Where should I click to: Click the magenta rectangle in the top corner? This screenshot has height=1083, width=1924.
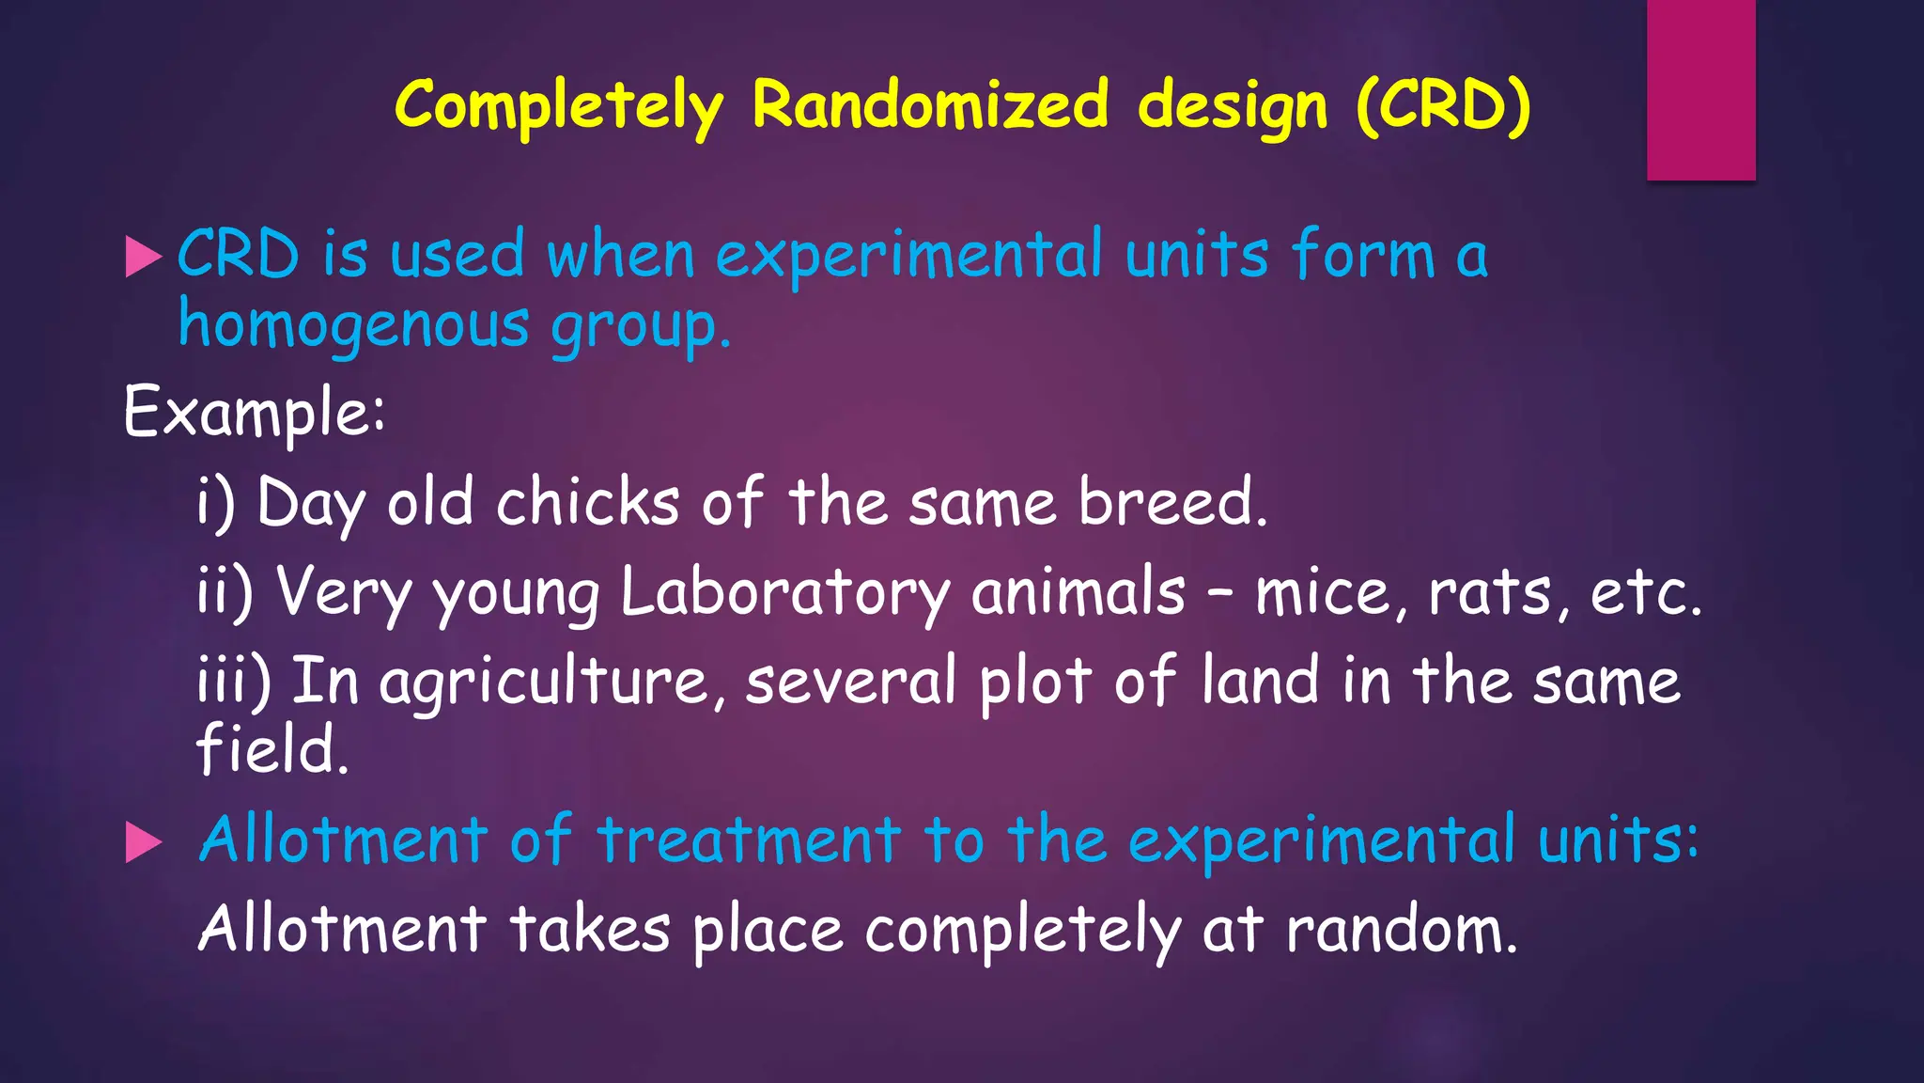(1700, 89)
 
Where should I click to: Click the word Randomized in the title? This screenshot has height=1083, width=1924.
(930, 105)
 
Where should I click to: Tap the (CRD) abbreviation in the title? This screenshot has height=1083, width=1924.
(1443, 105)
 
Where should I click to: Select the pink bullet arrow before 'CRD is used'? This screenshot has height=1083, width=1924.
(143, 257)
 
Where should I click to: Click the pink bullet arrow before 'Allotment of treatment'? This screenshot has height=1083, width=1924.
(143, 842)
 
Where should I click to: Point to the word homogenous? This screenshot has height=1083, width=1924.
(354, 326)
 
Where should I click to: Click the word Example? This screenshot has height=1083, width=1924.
(254, 412)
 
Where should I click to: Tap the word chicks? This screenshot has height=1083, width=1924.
(587, 503)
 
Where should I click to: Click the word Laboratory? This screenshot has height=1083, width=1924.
(785, 592)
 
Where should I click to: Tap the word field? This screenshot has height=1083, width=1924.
(272, 749)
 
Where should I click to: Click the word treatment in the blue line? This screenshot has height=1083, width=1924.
(749, 839)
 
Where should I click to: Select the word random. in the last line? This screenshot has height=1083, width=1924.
(1401, 929)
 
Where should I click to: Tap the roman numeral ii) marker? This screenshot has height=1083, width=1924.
(225, 592)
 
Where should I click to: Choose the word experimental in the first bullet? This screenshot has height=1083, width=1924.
(908, 257)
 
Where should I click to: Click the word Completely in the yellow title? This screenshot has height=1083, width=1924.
(559, 105)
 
